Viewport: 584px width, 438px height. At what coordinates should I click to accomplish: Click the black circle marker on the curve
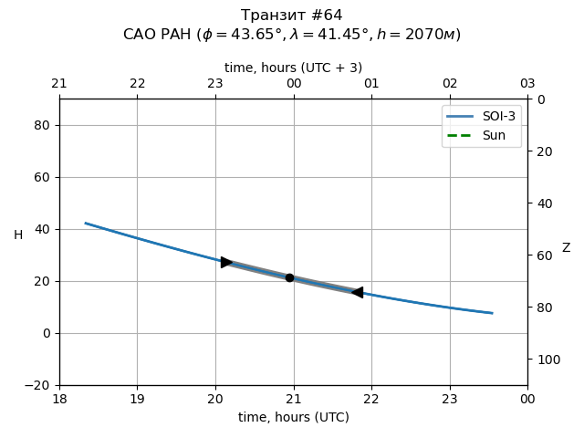pyautogui.click(x=289, y=277)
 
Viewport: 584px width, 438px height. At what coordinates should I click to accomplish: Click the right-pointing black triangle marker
pyautogui.click(x=226, y=262)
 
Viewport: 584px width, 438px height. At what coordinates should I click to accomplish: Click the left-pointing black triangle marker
pyautogui.click(x=357, y=292)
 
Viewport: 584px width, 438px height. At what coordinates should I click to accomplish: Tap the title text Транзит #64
pyautogui.click(x=292, y=16)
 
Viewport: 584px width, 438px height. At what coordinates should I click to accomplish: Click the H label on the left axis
pyautogui.click(x=18, y=235)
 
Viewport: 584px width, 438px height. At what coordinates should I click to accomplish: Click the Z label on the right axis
pyautogui.click(x=566, y=248)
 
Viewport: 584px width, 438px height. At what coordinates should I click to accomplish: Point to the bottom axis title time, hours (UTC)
pyautogui.click(x=294, y=417)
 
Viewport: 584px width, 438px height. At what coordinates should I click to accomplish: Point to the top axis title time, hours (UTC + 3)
pyautogui.click(x=294, y=68)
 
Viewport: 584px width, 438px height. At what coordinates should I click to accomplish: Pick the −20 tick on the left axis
pyautogui.click(x=39, y=385)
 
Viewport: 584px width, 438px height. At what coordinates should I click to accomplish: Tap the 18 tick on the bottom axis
pyautogui.click(x=59, y=399)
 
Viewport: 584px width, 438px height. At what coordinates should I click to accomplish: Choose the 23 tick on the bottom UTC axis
pyautogui.click(x=450, y=399)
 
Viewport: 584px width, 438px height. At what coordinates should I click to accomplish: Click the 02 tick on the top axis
pyautogui.click(x=450, y=84)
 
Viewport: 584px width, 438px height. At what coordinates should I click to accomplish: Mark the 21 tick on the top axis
pyautogui.click(x=59, y=84)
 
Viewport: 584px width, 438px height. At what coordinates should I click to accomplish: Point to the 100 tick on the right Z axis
pyautogui.click(x=545, y=360)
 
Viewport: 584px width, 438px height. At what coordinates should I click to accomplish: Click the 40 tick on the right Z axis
pyautogui.click(x=541, y=203)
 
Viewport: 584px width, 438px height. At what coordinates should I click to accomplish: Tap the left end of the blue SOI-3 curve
pyautogui.click(x=86, y=223)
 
